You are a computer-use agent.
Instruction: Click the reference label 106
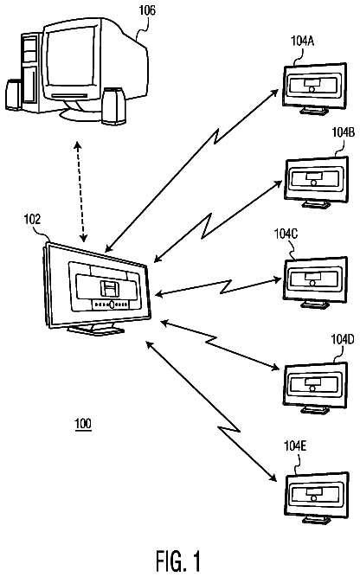(147, 10)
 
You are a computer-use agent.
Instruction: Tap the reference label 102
(32, 220)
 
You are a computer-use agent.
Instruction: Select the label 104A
(302, 41)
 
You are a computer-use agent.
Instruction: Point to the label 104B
(343, 132)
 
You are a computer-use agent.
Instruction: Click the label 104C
(286, 234)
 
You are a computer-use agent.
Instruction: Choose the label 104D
(343, 339)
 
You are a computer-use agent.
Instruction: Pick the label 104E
(295, 446)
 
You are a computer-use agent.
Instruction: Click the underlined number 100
(83, 424)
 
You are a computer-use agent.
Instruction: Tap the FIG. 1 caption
(178, 561)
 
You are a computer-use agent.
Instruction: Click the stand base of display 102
(96, 330)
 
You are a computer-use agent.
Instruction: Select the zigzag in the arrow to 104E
(229, 429)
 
